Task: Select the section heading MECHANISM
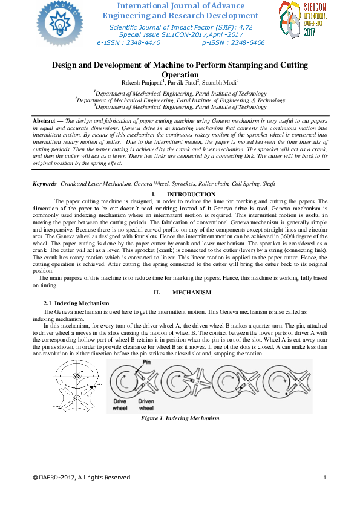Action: coord(192,293)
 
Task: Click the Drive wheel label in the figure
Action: coord(120,404)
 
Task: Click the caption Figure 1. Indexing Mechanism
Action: coord(180,418)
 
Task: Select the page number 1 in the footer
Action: coord(325,478)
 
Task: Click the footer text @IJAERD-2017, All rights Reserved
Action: coord(82,478)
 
